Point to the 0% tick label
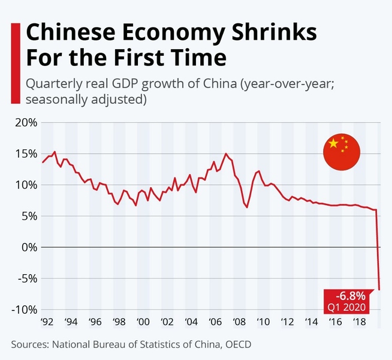28,247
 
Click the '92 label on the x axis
46,322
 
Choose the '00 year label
142,322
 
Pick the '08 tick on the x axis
238,322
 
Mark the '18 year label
358,322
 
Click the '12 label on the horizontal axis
286,322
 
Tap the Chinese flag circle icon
341,152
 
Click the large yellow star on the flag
333,144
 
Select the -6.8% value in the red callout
350,296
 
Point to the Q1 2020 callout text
350,307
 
